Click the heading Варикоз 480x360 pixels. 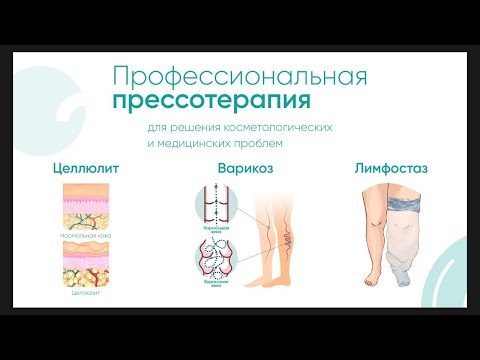[245, 170]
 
